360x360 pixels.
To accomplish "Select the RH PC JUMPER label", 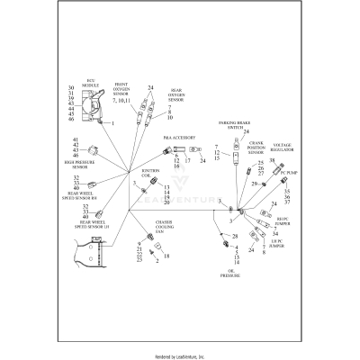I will click(282, 219).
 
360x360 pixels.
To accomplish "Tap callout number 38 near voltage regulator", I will click(272, 158).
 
